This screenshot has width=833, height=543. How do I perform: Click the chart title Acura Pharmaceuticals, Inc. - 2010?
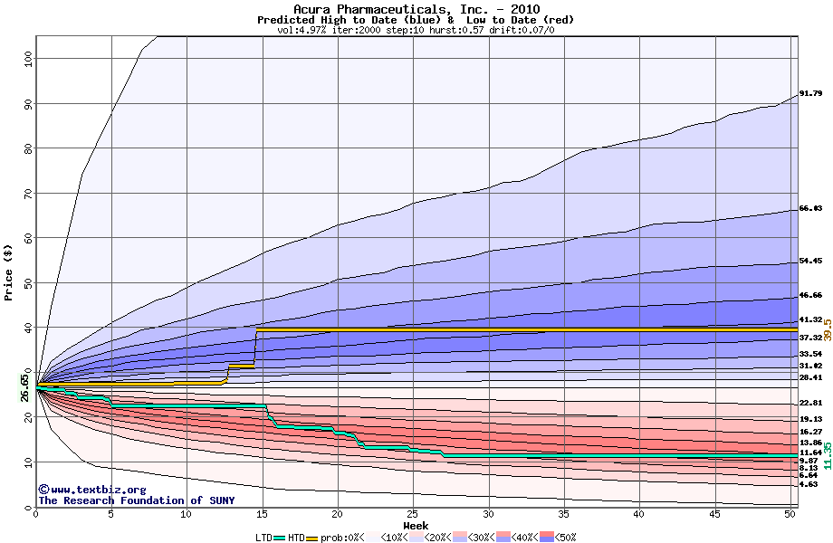click(x=416, y=9)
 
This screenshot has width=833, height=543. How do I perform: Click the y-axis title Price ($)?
click(x=9, y=271)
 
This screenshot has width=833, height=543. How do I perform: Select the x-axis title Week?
click(x=416, y=526)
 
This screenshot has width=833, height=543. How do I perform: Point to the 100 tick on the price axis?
click(x=27, y=57)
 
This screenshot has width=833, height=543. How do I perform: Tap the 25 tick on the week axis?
click(x=413, y=514)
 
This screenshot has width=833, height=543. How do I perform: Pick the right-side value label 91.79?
click(x=810, y=93)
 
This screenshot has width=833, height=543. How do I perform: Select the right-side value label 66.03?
click(x=810, y=208)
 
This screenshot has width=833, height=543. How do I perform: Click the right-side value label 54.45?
click(x=810, y=261)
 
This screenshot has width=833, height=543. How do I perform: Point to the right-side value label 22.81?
click(x=810, y=403)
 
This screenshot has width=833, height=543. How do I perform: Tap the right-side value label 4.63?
click(x=809, y=484)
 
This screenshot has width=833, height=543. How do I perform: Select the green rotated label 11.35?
click(x=827, y=454)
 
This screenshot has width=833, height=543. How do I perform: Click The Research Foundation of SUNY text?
click(x=136, y=500)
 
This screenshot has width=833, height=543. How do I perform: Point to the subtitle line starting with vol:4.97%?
click(x=416, y=30)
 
